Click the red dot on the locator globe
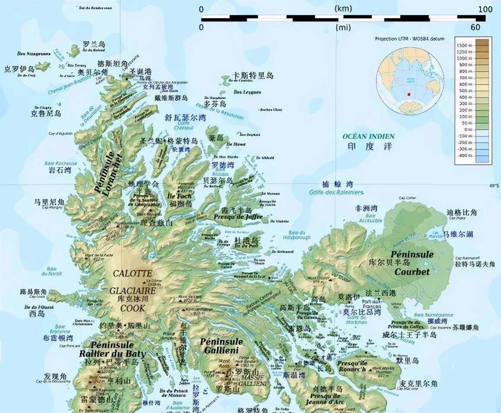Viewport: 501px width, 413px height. click(x=409, y=95)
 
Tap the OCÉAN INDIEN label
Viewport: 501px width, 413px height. click(x=368, y=136)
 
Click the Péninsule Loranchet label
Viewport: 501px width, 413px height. click(x=109, y=173)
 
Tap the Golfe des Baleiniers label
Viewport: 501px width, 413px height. click(x=336, y=193)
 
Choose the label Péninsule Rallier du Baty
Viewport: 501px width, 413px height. click(x=112, y=349)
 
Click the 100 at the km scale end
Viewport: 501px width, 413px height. click(x=485, y=9)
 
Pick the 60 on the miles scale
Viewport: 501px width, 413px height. click(x=475, y=27)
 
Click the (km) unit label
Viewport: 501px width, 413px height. click(x=343, y=8)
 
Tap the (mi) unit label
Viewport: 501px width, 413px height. click(x=343, y=27)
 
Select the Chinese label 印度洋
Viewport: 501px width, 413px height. click(x=370, y=146)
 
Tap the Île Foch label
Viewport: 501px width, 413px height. click(x=179, y=196)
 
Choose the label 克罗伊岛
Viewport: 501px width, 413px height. click(x=19, y=69)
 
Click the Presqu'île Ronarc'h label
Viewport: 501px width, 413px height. click(x=352, y=366)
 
